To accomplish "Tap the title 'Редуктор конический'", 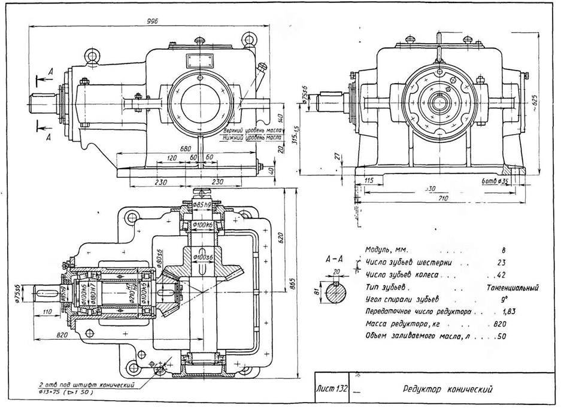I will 448,389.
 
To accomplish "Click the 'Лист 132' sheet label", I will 332,389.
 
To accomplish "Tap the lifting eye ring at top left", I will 92,56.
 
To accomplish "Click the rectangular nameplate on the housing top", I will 197,60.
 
